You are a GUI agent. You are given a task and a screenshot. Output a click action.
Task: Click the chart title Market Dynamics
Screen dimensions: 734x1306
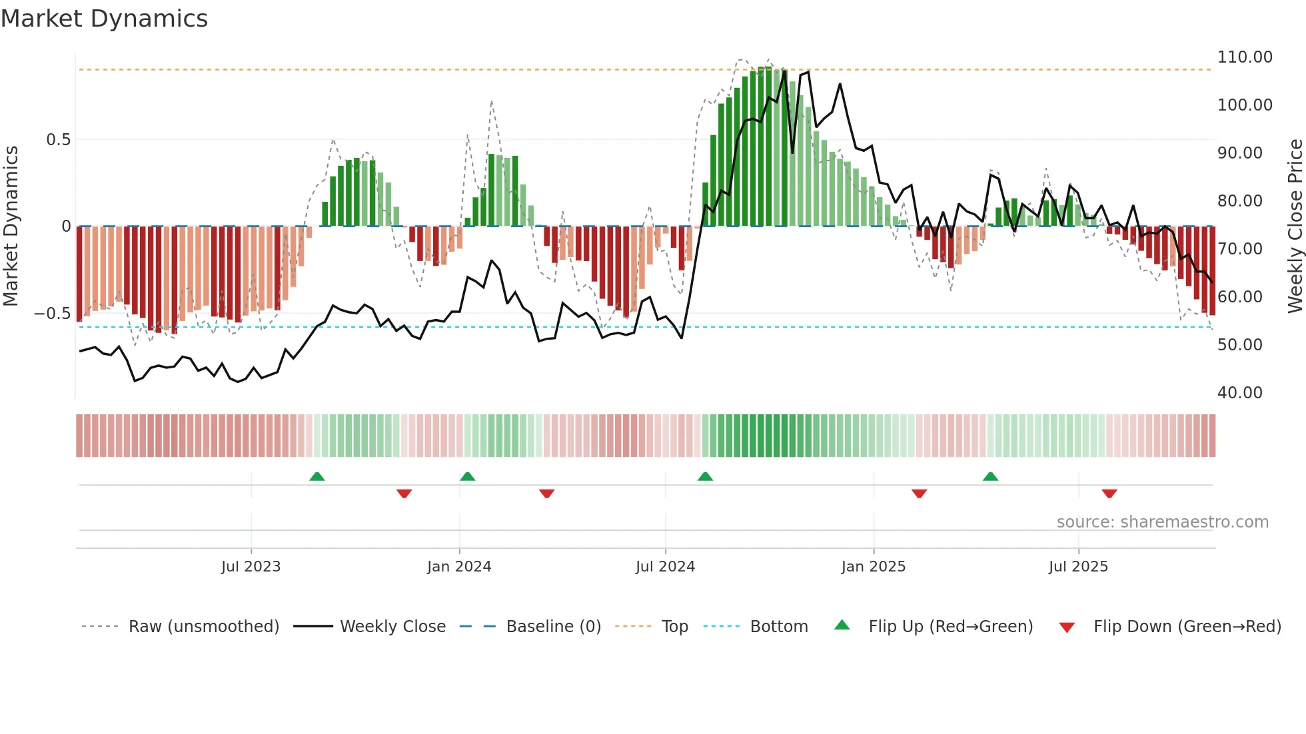pyautogui.click(x=104, y=19)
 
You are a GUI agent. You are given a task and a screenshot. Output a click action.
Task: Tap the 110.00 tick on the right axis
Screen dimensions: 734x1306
pyautogui.click(x=1244, y=57)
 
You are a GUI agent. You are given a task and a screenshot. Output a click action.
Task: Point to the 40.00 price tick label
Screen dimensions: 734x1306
pyautogui.click(x=1239, y=393)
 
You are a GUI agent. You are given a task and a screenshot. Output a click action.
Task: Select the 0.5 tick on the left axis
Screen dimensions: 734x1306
pyautogui.click(x=58, y=140)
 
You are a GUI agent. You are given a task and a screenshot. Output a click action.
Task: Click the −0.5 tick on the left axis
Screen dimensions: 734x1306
pyautogui.click(x=53, y=314)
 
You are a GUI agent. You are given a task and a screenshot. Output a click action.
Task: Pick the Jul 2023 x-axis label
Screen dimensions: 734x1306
pyautogui.click(x=251, y=567)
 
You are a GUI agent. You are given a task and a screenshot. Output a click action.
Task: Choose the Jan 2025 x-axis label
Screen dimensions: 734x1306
pyautogui.click(x=873, y=567)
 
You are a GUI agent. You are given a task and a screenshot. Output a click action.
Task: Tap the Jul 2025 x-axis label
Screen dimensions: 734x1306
pyautogui.click(x=1077, y=567)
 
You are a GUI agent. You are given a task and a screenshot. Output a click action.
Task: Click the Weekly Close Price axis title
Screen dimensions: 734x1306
pyautogui.click(x=1295, y=226)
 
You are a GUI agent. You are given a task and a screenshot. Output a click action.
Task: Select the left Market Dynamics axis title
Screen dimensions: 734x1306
pyautogui.click(x=11, y=226)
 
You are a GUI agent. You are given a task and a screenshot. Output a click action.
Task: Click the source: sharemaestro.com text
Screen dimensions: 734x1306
pyautogui.click(x=1162, y=522)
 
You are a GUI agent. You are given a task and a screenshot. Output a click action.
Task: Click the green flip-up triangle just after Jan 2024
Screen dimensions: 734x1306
pyautogui.click(x=467, y=476)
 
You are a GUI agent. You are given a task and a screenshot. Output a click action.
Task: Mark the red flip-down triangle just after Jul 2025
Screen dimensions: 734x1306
pyautogui.click(x=1109, y=494)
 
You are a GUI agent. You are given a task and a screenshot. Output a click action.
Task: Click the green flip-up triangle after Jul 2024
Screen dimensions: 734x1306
pyautogui.click(x=705, y=476)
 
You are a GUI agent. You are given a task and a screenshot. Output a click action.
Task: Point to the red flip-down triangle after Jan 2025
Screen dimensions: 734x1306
pyautogui.click(x=919, y=494)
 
